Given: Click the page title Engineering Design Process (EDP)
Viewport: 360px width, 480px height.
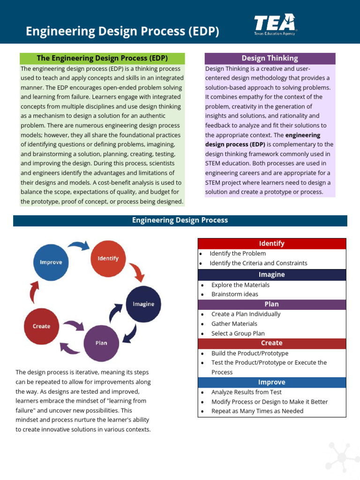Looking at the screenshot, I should click(x=122, y=31).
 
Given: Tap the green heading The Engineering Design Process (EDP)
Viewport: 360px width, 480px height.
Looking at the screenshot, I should click(x=102, y=58).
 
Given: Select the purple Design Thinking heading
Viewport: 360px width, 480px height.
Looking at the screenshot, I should click(x=270, y=58).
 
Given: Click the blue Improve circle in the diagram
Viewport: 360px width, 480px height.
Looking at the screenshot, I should click(x=51, y=262).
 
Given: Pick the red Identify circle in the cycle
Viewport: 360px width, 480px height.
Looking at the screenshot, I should click(x=108, y=258).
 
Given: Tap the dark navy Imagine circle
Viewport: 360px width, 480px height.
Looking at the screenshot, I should click(x=143, y=304).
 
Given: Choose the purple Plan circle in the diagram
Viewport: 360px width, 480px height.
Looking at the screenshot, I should click(x=101, y=343).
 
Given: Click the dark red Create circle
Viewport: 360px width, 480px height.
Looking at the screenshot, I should click(x=42, y=326).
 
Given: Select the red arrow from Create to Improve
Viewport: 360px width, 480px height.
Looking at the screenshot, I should click(x=34, y=293).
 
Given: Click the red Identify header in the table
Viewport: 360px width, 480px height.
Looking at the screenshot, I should click(x=271, y=243).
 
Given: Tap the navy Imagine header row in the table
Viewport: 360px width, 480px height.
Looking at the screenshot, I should click(x=271, y=275).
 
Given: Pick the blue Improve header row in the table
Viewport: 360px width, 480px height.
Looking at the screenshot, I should click(x=271, y=382).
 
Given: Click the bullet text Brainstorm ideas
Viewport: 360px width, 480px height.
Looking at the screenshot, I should click(x=234, y=294).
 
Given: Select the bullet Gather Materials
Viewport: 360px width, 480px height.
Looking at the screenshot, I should click(x=234, y=323).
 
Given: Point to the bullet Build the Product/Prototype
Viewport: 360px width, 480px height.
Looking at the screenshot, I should click(x=249, y=353).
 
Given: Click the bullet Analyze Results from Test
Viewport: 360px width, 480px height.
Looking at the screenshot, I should click(x=246, y=392).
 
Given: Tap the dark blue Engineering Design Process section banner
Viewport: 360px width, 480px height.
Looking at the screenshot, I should click(x=180, y=220).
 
